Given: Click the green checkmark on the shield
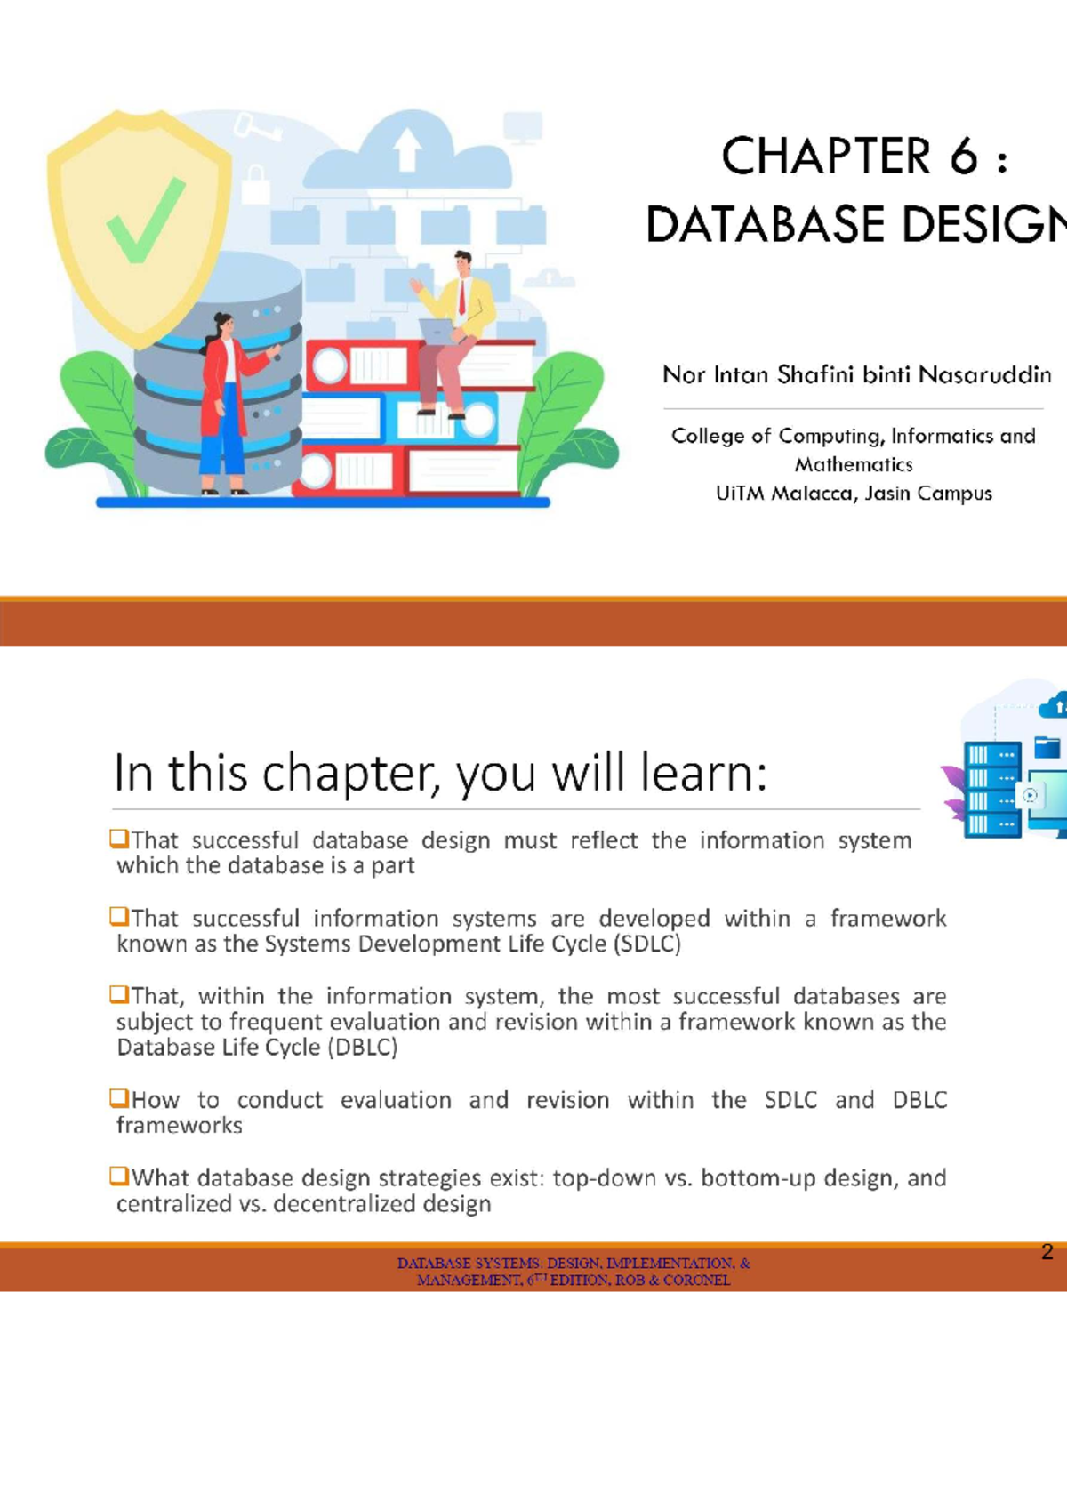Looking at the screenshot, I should [x=144, y=221].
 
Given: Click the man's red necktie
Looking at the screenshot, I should [x=461, y=298].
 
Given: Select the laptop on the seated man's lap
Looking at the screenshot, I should [x=437, y=332].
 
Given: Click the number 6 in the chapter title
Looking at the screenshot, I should [x=963, y=157].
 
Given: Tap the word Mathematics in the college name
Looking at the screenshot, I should [x=854, y=464].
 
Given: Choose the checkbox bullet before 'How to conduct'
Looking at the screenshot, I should [x=119, y=1098].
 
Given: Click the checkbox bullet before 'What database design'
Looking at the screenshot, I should [x=119, y=1176].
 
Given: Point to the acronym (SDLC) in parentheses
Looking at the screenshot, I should [x=647, y=944].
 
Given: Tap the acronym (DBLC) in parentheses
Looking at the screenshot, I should [x=362, y=1047].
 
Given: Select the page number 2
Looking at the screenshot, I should [x=1047, y=1252].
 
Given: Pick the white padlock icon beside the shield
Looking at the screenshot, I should [x=255, y=184].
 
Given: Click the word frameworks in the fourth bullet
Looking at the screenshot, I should [x=180, y=1126].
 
